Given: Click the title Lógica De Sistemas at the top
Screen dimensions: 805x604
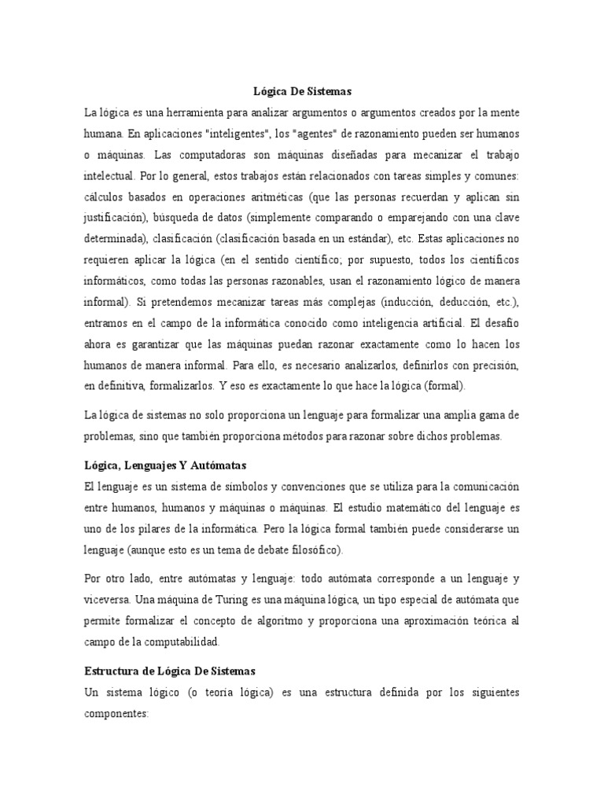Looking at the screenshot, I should (x=301, y=92).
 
